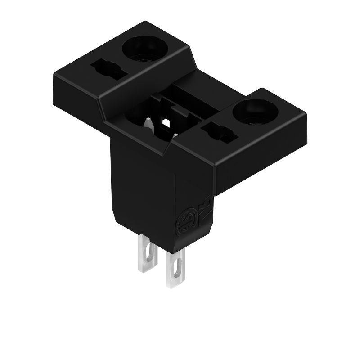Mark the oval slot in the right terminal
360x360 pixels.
click(x=176, y=270)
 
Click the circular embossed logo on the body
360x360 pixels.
click(x=186, y=221)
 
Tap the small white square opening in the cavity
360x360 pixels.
click(x=166, y=122)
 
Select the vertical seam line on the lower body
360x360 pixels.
click(x=175, y=202)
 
